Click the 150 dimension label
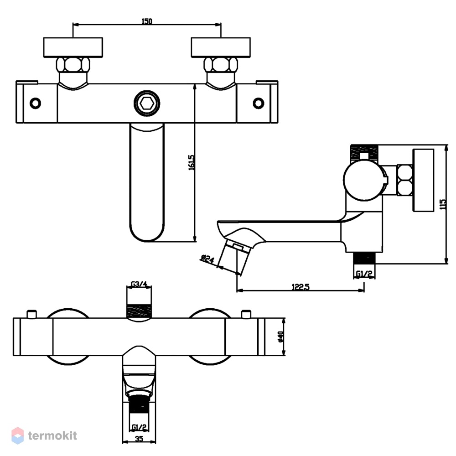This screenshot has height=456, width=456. coord(146,21)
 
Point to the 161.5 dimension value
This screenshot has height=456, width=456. coord(192,163)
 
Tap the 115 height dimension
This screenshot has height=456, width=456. coord(443,204)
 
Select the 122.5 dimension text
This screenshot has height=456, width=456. coord(301,287)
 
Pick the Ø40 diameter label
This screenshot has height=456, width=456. coord(280,337)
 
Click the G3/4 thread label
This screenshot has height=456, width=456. coord(139,284)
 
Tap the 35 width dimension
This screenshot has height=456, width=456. coord(139,439)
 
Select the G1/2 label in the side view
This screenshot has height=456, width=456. coord(364,274)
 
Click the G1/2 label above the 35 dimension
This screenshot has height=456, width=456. coord(139,427)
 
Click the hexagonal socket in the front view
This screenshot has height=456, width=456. coord(146,103)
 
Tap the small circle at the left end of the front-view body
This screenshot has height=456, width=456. coord(36,103)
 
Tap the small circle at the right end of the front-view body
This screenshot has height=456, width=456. coord(258,103)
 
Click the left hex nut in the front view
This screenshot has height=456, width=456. coord(73,65)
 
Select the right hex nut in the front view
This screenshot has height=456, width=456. coord(221,65)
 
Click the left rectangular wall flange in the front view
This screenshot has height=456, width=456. coord(73,47)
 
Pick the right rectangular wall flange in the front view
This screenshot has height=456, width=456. coord(221,47)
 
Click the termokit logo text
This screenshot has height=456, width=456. coord(52,435)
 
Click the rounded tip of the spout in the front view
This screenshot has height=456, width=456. coord(146,241)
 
